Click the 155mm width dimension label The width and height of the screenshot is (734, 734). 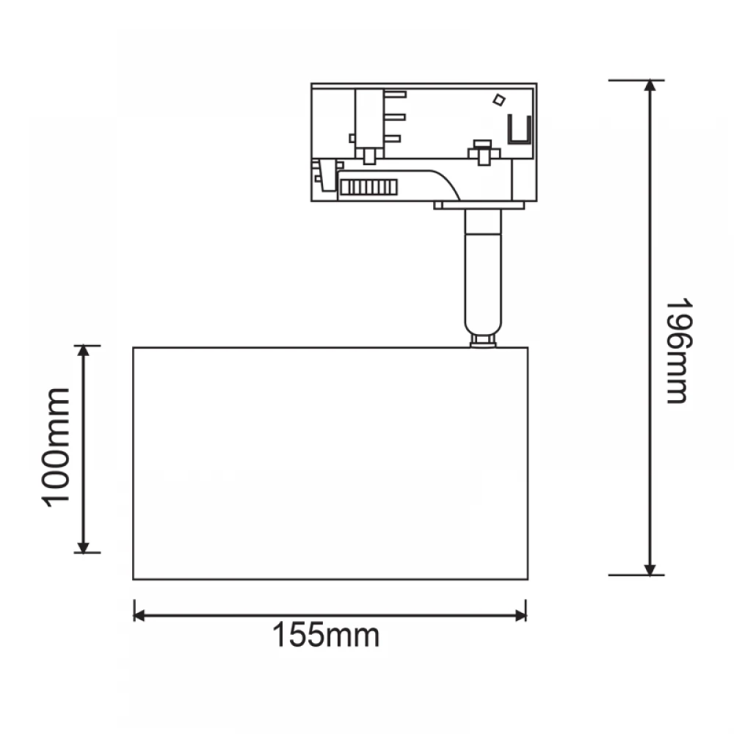326,635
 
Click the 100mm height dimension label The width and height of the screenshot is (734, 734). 56,448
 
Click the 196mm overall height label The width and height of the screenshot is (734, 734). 678,350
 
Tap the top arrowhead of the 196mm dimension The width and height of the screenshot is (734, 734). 650,85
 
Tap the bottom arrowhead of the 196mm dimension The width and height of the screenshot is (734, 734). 650,570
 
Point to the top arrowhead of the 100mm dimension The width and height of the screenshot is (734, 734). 84,351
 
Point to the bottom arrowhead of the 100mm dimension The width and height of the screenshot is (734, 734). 84,548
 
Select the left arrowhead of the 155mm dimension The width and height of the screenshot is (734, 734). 139,616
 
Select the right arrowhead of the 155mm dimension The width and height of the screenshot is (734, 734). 520,616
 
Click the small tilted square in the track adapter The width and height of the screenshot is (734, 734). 499,100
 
